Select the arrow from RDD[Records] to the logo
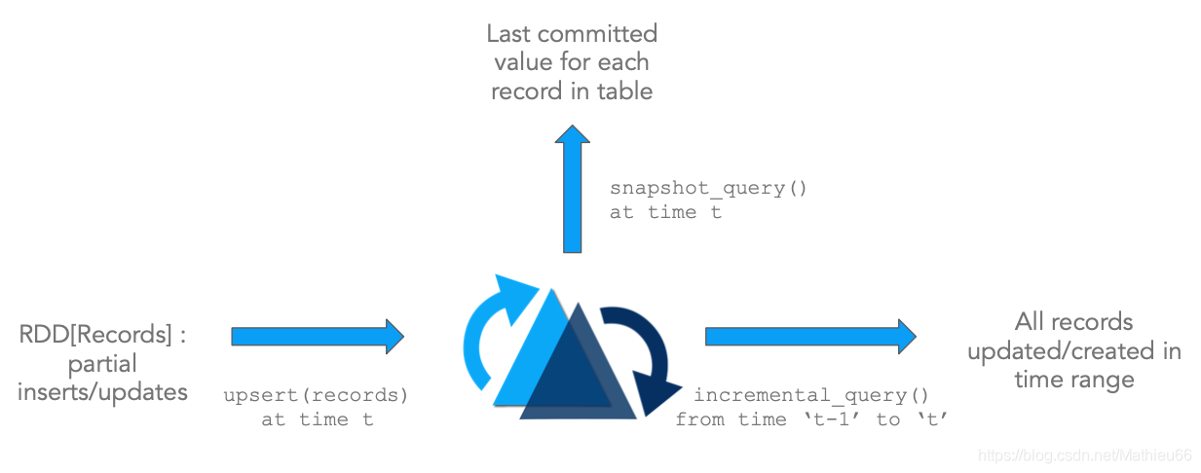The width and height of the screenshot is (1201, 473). (317, 336)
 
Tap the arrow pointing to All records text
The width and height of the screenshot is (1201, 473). (809, 336)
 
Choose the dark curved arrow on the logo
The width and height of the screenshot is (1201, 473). (643, 355)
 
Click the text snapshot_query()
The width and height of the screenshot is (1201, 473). (708, 188)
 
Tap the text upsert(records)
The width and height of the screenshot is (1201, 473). (316, 395)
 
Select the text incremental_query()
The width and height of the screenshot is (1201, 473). (810, 395)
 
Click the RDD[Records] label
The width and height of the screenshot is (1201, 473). (102, 336)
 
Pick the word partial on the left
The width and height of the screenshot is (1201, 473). (102, 364)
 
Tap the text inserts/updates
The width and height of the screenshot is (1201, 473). (102, 392)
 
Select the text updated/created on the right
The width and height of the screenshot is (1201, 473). (1073, 350)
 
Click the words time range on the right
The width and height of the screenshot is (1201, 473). (1073, 380)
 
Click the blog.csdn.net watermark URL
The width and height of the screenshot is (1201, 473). (1084, 455)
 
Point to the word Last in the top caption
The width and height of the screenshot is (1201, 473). (508, 34)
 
